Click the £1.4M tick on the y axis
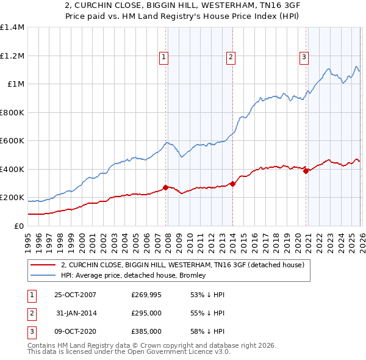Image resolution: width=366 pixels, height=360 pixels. coord(12,27)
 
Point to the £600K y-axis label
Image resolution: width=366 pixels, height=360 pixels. coord(12,141)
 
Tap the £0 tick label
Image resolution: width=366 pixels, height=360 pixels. coord(18,226)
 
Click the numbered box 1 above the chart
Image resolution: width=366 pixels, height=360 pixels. coord(165,58)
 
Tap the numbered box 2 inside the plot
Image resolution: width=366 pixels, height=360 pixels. coord(231,58)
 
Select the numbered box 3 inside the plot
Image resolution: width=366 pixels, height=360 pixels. coord(304,58)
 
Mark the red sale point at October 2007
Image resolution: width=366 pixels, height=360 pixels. coord(165,188)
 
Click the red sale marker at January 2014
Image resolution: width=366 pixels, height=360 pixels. coord(232,184)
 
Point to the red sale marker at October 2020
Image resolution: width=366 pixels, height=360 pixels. coord(305,171)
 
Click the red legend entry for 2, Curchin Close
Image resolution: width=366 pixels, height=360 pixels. coord(178,265)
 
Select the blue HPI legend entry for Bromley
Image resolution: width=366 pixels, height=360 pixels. coord(133,275)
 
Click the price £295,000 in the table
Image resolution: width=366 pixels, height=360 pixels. coord(146,313)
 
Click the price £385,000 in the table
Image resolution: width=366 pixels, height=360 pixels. coord(146,331)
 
